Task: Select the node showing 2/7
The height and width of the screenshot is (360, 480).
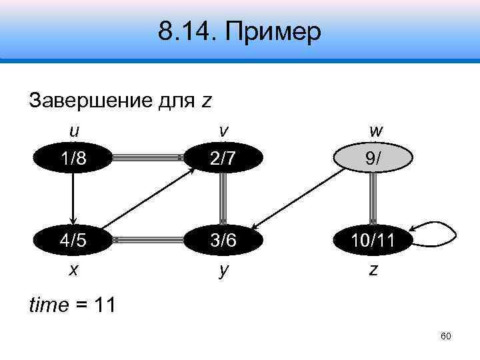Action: [x=223, y=158]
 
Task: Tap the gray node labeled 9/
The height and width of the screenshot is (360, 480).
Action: [x=374, y=158]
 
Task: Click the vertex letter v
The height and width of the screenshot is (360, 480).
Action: [x=223, y=129]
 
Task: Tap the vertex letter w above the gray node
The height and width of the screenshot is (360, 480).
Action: [x=374, y=129]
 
